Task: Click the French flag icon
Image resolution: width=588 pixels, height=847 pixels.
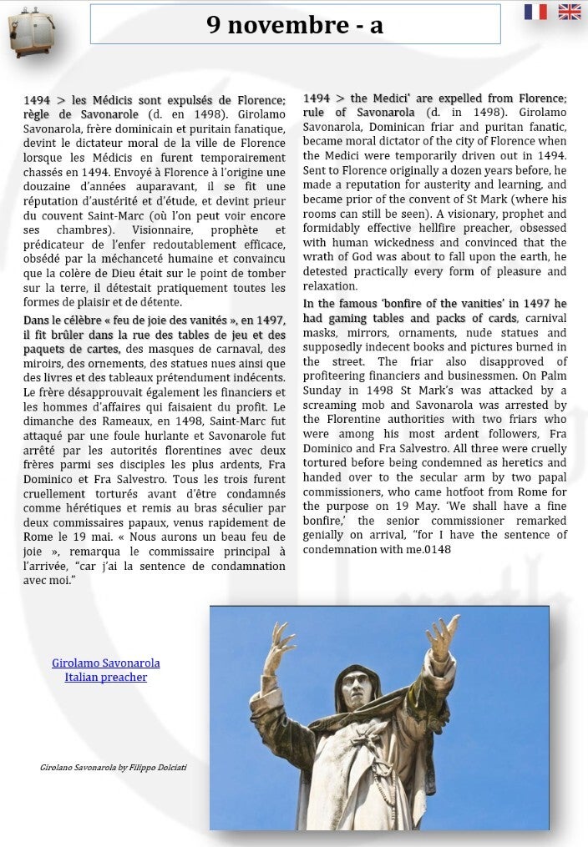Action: (x=535, y=12)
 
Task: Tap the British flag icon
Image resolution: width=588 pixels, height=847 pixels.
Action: (x=570, y=12)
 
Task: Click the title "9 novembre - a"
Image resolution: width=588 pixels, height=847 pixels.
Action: (x=295, y=25)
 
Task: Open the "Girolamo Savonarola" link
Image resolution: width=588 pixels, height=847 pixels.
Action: (x=106, y=663)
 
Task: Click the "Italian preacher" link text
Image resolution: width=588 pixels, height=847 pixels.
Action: (x=106, y=677)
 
